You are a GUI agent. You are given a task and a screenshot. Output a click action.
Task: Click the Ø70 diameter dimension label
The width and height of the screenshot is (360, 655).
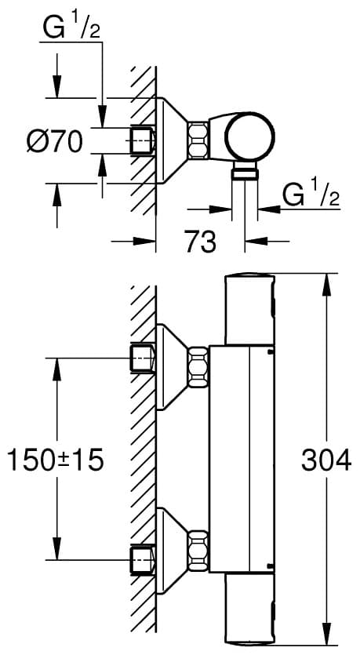point(55,143)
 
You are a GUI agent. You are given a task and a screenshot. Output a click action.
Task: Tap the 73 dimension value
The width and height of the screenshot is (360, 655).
point(201,242)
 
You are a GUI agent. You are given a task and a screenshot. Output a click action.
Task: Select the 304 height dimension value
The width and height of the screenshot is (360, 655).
point(326,461)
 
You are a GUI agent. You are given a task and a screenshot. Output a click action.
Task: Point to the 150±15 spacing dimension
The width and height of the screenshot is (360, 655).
point(56,460)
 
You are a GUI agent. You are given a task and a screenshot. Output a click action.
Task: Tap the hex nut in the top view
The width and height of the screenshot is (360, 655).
point(198,140)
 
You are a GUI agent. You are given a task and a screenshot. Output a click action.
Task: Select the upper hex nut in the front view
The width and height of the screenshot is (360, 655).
point(198,368)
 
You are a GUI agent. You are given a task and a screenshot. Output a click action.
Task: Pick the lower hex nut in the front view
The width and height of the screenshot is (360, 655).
point(198,550)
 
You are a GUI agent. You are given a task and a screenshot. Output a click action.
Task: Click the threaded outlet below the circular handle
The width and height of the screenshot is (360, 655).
point(245,171)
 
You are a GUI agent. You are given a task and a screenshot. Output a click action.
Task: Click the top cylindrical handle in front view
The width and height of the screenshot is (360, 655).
point(250,310)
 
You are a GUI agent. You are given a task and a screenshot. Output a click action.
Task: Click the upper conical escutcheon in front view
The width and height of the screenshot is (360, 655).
point(172,367)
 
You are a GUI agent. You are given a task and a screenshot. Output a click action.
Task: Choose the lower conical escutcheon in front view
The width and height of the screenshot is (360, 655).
point(172,550)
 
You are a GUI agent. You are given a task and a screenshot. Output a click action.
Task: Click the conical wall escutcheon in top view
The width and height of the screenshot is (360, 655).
point(172,140)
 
